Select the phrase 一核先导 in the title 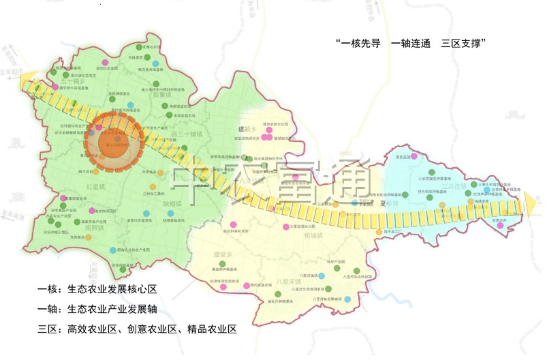click(358, 43)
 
